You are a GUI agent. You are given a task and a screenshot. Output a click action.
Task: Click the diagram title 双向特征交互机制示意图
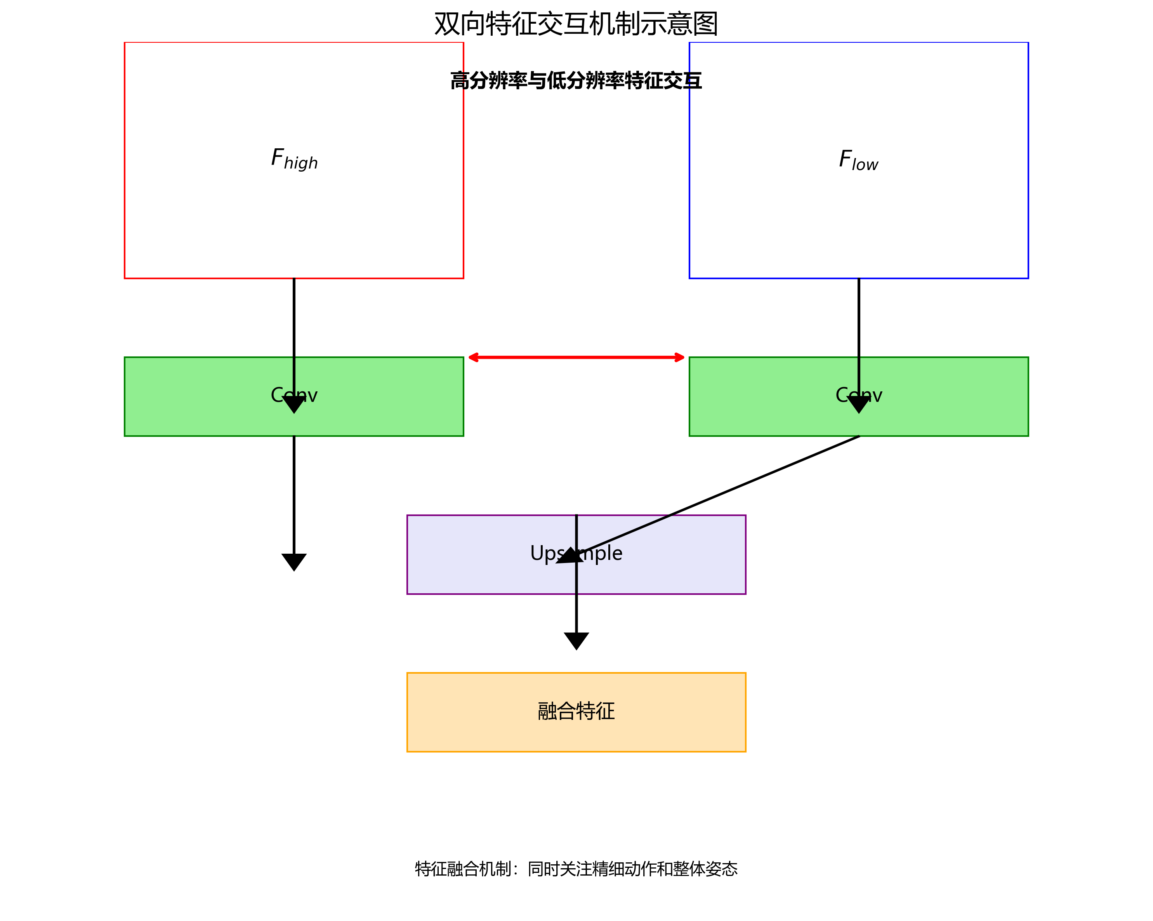(x=576, y=24)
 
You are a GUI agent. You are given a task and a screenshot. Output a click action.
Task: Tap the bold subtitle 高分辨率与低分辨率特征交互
(x=576, y=81)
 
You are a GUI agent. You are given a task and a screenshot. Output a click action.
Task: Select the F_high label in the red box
(x=294, y=159)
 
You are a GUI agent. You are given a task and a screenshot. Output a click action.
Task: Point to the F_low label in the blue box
(x=858, y=160)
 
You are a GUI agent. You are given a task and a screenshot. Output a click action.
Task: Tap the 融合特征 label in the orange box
(x=576, y=711)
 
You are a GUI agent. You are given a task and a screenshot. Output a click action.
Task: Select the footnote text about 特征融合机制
(x=576, y=869)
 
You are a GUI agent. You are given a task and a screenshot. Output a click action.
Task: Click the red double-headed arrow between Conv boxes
(x=576, y=357)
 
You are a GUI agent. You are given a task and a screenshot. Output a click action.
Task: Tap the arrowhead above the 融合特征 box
(x=576, y=640)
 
